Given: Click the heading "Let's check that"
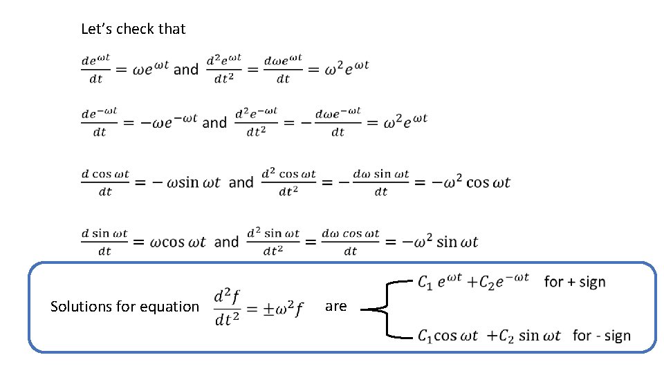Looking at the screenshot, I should click(x=133, y=29).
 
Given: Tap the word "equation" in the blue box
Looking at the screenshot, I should click(x=169, y=307).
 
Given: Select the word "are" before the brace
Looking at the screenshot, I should click(x=335, y=306).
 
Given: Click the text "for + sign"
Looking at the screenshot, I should click(x=575, y=282).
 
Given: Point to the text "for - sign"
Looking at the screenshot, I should click(x=602, y=336).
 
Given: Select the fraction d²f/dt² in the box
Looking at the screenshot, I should click(x=227, y=307).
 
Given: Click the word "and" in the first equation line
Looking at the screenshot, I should click(x=185, y=69).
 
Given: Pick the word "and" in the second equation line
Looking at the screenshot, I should click(x=214, y=122).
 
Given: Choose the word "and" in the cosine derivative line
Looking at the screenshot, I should click(x=241, y=182).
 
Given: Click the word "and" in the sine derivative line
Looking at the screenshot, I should click(x=226, y=242).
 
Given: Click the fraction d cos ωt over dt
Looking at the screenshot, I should click(x=105, y=182).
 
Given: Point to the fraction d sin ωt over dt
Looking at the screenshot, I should click(x=104, y=242).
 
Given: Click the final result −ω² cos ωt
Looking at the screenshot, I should click(x=472, y=182).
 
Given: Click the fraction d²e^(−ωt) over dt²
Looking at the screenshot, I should click(x=256, y=122).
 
